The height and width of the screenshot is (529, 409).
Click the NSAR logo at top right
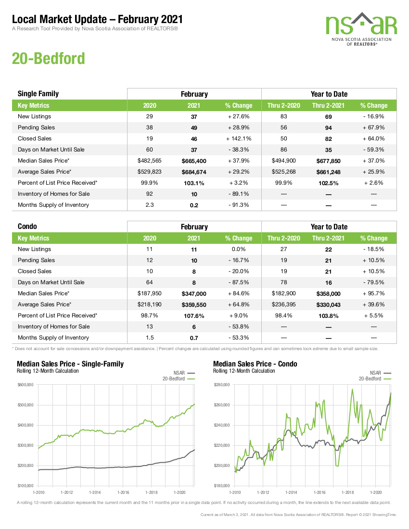coord(361,29)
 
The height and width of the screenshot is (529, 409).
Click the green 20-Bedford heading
coord(48,58)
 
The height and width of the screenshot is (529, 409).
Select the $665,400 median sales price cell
coord(194,161)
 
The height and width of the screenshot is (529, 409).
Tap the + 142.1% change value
coord(239,139)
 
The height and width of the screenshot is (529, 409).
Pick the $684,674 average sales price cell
coord(194,172)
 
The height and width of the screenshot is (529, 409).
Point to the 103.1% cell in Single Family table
coord(194,183)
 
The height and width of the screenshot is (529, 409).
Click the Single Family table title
coord(38,94)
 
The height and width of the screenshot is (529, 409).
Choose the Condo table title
coord(27,227)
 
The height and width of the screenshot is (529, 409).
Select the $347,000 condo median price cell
coord(194,294)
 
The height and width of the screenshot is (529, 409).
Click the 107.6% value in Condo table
coord(194,316)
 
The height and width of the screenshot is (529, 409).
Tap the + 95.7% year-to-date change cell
coord(373,293)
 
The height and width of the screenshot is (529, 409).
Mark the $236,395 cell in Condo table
coord(283,304)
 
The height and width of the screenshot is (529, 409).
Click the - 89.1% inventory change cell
coord(239,194)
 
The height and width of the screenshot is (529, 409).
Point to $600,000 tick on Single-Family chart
coord(26,385)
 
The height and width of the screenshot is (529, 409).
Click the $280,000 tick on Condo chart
coord(222,385)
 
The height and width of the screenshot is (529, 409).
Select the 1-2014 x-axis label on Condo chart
coord(291,492)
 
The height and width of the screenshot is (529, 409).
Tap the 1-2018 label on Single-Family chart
coord(151,492)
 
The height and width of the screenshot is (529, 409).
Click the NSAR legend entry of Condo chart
coord(380,373)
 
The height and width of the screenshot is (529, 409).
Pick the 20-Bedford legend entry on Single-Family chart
coord(179,378)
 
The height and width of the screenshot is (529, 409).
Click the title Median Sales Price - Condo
coord(255,364)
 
